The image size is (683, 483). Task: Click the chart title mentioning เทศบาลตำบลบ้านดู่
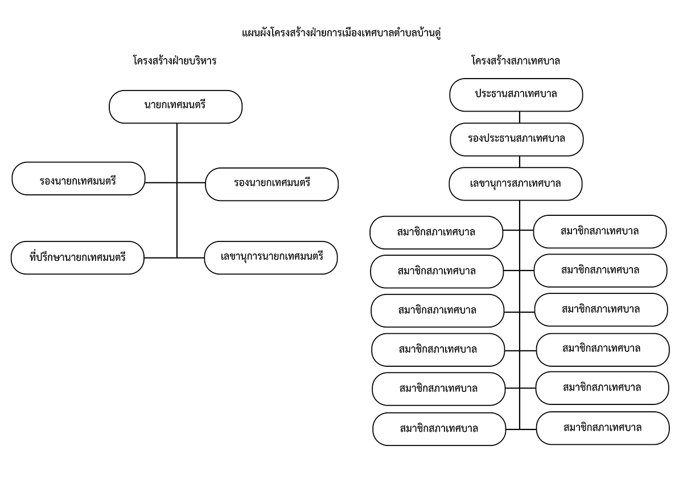tap(341, 33)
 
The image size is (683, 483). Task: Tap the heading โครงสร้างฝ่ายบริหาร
tap(175, 60)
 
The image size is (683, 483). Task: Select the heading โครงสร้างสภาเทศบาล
tap(516, 61)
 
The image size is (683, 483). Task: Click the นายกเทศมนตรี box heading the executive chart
tap(176, 107)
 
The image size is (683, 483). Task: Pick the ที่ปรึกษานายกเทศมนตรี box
tap(77, 258)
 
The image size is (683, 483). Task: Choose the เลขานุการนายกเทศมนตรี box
tap(271, 258)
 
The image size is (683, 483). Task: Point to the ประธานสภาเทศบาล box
tap(516, 95)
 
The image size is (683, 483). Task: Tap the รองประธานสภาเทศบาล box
tap(517, 140)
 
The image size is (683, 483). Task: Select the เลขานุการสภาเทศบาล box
tap(515, 184)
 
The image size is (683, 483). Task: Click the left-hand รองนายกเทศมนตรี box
tap(79, 178)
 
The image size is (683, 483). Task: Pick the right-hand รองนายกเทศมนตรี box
tap(271, 185)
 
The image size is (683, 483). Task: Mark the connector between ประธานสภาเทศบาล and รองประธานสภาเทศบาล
tap(520, 117)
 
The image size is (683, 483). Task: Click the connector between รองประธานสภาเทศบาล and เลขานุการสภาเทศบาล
tap(520, 162)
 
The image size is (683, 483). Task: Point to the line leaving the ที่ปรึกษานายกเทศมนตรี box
tap(161, 258)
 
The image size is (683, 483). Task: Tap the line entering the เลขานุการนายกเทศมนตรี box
tap(191, 258)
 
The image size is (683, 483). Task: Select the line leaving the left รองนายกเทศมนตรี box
tap(161, 183)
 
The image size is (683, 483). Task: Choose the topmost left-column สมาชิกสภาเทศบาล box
tap(436, 233)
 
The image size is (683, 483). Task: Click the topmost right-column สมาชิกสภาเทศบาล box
tap(600, 232)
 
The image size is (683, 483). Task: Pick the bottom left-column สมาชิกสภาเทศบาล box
tap(439, 429)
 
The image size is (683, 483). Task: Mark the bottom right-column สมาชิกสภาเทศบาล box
tap(603, 428)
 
